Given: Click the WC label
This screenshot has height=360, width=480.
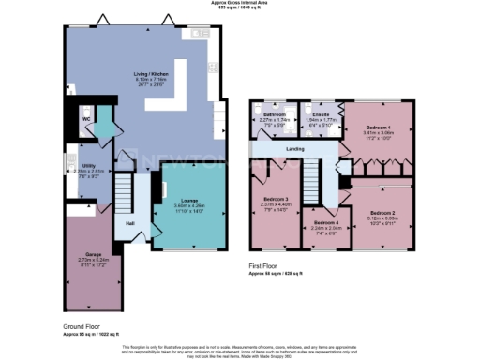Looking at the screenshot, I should coord(85,120).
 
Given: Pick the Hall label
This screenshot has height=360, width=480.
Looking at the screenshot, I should coord(130,223).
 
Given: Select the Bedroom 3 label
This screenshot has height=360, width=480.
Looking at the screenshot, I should coord(276,200).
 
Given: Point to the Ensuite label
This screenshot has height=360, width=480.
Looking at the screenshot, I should coord(322,114).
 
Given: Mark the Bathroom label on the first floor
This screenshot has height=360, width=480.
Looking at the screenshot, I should coord(273,114).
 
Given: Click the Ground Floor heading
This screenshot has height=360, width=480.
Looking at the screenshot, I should coord(81,326).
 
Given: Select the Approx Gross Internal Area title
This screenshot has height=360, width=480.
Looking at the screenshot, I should coord(241,3).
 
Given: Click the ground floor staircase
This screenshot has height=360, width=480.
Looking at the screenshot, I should coord(122,195).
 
